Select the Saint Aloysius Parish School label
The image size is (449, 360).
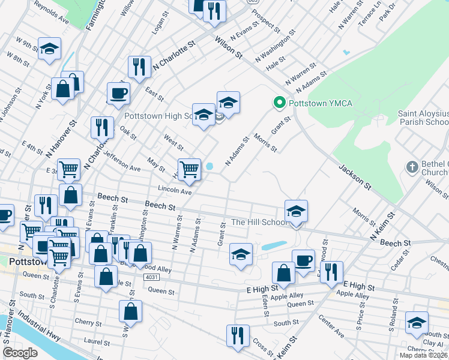click(423, 118)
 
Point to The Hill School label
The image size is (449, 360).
click(259, 222)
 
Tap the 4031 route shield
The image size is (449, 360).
click(152, 277)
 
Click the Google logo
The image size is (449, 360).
click(20, 353)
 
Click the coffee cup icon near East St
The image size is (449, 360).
click(118, 93)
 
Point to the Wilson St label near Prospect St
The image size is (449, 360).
click(229, 47)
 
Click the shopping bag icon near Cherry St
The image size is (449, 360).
click(130, 311)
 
